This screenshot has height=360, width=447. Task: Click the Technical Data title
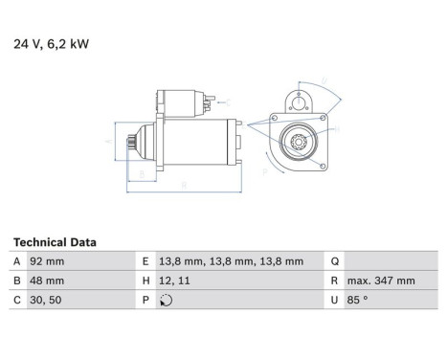click(x=55, y=242)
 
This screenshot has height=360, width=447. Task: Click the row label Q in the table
click(x=335, y=260)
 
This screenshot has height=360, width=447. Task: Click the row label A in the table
click(x=17, y=260)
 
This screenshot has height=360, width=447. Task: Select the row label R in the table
click(x=335, y=281)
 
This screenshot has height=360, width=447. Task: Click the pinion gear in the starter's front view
click(x=297, y=144)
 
